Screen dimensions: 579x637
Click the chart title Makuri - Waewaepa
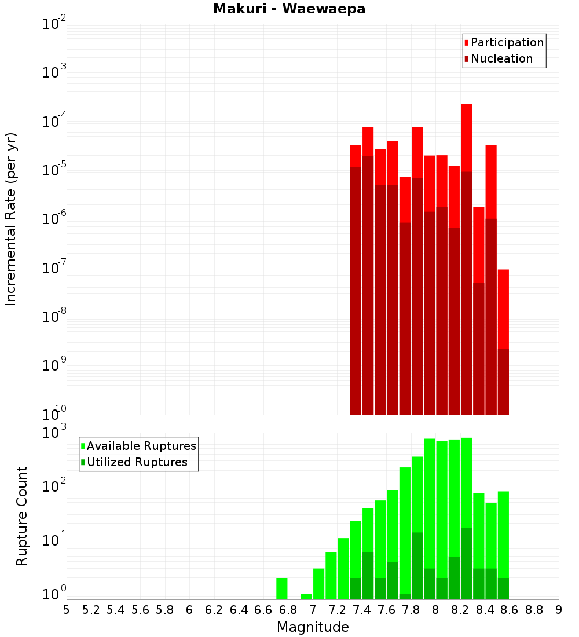tap(289, 9)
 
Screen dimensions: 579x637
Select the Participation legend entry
tap(504, 42)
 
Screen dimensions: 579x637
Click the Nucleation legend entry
tap(499, 58)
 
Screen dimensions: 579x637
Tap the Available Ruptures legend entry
tap(138, 446)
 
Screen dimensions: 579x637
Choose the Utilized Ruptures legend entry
tap(134, 462)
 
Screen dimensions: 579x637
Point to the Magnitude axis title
tap(313, 627)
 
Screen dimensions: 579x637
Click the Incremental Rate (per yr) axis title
tap(10, 219)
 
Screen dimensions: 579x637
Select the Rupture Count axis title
tap(21, 516)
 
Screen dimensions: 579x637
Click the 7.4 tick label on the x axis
tap(362, 610)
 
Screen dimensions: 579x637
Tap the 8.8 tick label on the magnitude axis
tap(534, 610)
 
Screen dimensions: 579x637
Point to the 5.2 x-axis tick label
tap(91, 610)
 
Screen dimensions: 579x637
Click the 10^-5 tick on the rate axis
tap(54, 169)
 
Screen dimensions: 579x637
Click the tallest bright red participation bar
tap(467, 138)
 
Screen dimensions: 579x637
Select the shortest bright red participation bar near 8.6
tap(503, 309)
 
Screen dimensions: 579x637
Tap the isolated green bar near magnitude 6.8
tap(282, 588)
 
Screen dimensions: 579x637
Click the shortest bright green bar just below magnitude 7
tap(306, 596)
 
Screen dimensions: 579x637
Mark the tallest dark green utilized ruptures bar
tap(467, 563)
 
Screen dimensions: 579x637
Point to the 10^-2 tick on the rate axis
tap(54, 24)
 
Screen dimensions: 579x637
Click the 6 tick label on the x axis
tap(189, 610)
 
